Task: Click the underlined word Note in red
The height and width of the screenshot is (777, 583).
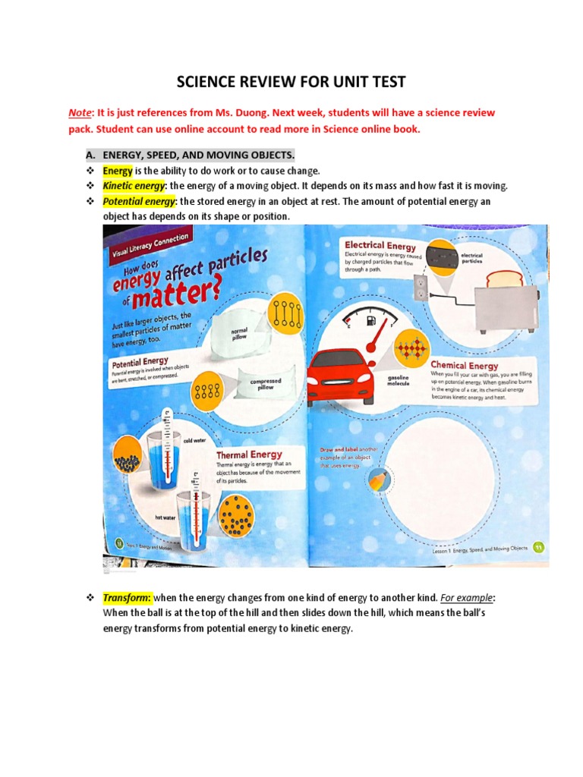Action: click(80, 112)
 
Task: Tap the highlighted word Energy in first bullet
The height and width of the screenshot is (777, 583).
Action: click(118, 171)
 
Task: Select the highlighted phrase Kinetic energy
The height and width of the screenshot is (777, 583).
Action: click(134, 186)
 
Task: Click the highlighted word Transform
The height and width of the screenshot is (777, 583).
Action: click(127, 598)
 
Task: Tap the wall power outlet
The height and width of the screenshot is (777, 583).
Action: click(421, 286)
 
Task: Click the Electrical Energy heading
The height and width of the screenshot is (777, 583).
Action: click(380, 245)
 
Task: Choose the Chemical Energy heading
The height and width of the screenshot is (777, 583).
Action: click(465, 365)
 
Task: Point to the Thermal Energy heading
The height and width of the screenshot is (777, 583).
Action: click(249, 455)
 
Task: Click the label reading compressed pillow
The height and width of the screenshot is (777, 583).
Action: click(266, 385)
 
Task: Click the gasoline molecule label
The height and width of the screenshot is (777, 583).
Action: click(399, 380)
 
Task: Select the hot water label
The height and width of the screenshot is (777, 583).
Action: click(165, 517)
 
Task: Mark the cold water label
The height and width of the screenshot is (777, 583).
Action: click(193, 439)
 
